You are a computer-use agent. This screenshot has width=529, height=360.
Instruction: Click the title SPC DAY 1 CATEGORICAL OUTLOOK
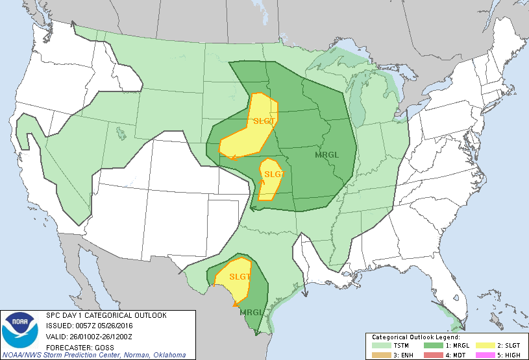(x=106, y=315)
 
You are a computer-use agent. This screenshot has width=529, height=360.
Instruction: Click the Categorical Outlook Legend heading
(x=415, y=337)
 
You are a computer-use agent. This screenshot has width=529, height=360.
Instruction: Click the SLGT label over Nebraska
(x=264, y=121)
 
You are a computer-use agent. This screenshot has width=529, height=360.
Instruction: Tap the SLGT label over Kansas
(x=275, y=174)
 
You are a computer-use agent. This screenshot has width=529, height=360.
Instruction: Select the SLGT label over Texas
(x=239, y=276)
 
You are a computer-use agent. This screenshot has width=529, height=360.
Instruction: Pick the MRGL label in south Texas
(x=252, y=313)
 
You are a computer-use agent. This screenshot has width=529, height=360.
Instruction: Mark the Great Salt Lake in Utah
(x=121, y=133)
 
